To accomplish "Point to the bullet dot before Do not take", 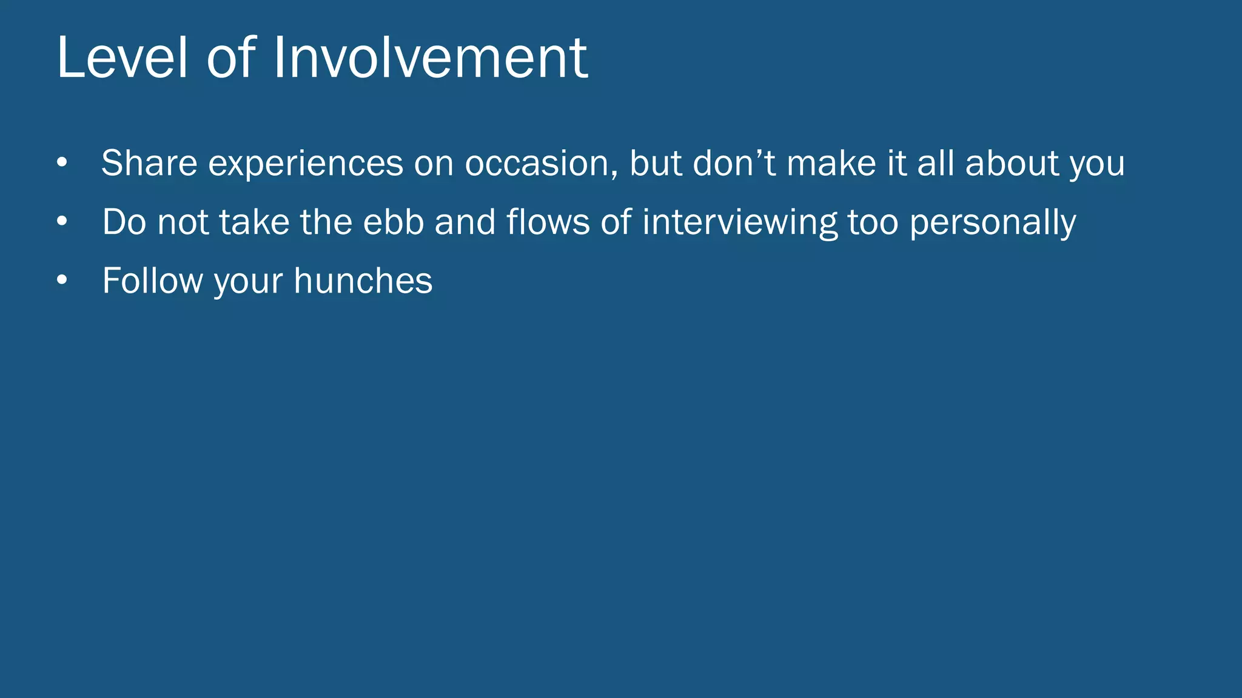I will coord(62,221).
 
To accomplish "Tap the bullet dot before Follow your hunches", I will coord(62,280).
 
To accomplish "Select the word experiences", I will coord(306,164).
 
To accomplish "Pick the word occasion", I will coord(541,164).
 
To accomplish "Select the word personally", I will coord(993,222).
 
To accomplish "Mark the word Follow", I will coord(152,280).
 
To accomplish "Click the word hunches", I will coord(363,280).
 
